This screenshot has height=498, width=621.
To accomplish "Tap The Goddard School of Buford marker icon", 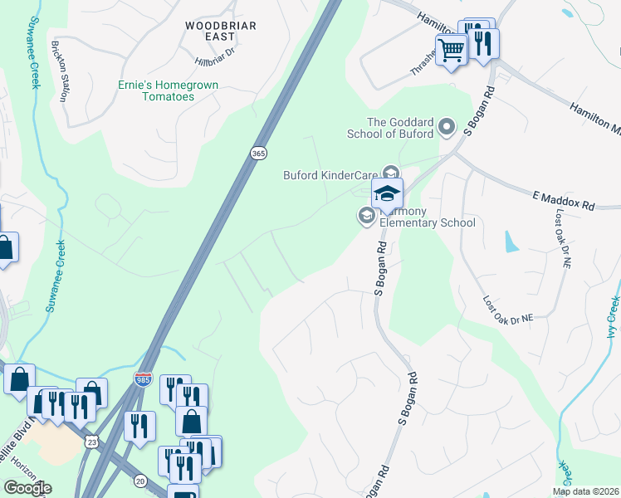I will (447, 127).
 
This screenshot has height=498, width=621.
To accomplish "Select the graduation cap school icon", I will (387, 193).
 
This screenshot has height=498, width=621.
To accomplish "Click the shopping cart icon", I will (451, 50).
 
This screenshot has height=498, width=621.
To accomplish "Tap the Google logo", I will (27, 488).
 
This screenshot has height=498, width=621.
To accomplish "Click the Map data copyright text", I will (586, 491).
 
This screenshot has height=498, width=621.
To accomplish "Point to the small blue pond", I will (509, 242).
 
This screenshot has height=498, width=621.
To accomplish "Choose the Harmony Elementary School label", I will (427, 222).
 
